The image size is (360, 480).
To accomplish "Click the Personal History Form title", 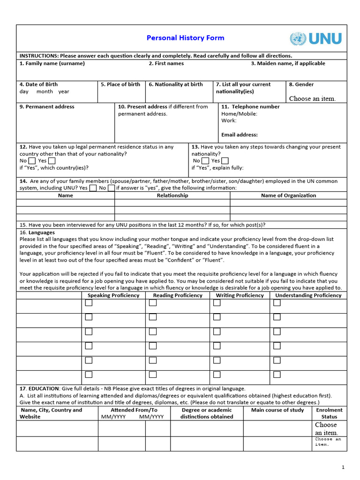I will (185, 38).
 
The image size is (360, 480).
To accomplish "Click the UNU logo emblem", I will (297, 38).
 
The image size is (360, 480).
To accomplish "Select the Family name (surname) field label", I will (52, 64).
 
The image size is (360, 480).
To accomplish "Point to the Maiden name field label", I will (288, 64).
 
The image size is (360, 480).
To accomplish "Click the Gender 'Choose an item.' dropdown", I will (312, 98).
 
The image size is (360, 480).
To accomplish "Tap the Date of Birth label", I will (38, 85).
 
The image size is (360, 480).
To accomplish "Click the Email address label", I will (240, 135).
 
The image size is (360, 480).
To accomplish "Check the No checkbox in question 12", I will (32, 161).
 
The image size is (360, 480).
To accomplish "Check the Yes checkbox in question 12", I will (52, 161).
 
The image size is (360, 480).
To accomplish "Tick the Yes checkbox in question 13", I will (225, 161).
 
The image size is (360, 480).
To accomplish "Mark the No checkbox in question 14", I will (111, 188).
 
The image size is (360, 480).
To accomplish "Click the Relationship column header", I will (172, 195).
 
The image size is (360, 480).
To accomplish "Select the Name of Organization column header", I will (288, 195).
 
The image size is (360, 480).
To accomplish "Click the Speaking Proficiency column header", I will (113, 295).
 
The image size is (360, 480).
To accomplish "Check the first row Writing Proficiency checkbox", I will (217, 303).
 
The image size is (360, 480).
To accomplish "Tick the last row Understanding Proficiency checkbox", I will (277, 375).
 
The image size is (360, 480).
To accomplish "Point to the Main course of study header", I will (277, 410).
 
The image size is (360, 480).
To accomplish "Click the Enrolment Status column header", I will (329, 413).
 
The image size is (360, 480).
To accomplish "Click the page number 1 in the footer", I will (343, 467).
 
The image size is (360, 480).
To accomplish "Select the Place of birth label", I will (120, 85).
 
